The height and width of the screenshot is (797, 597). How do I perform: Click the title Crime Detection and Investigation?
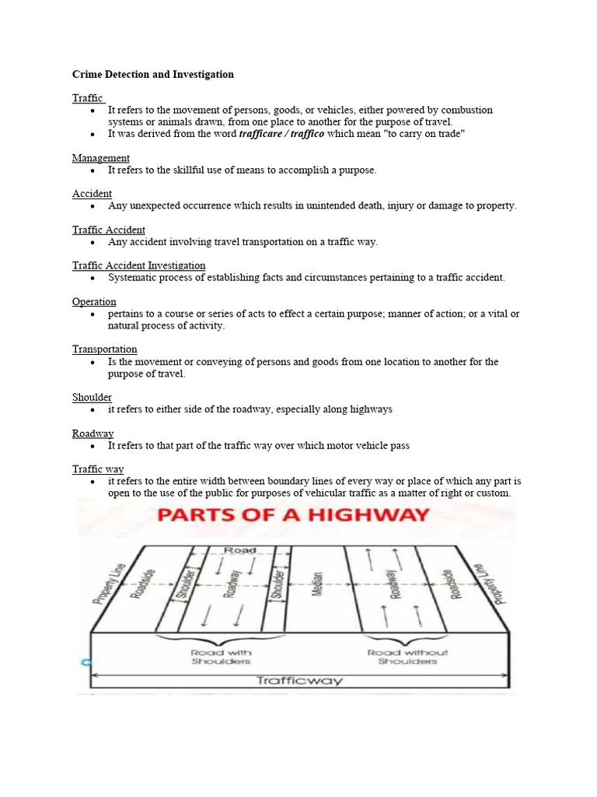coord(152,75)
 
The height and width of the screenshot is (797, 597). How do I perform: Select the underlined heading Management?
coord(101,158)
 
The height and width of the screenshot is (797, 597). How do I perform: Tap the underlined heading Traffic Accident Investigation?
coord(139,265)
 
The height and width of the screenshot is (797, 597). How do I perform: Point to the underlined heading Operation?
coord(94,301)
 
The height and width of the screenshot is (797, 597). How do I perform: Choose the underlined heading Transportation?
coord(105,349)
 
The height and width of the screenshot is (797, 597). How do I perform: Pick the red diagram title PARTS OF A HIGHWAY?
coord(295,515)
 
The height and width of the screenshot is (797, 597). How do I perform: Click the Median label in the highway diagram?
coord(317,584)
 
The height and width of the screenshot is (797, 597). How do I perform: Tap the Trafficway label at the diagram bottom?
coord(299,680)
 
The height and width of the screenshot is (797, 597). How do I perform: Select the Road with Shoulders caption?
coord(221,657)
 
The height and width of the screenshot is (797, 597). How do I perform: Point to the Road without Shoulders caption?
coord(408,657)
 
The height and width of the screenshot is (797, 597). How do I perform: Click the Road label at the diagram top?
coord(239,550)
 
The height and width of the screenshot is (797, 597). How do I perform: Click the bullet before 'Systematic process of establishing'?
coord(93,278)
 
